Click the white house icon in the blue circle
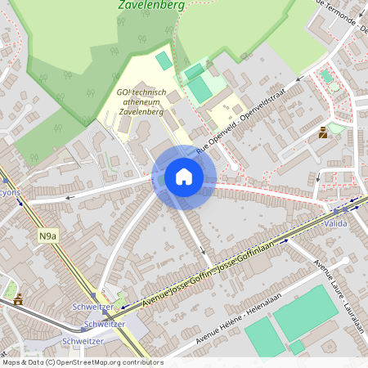pos(184,177)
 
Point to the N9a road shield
pos(48,236)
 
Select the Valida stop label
pos(336,222)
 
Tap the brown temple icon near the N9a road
pos(18,299)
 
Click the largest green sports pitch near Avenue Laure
pos(305,313)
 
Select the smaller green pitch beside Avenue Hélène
pos(265,335)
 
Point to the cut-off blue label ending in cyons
pos(11,192)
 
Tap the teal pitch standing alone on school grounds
pos(164,61)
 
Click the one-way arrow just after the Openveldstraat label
pos(300,79)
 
